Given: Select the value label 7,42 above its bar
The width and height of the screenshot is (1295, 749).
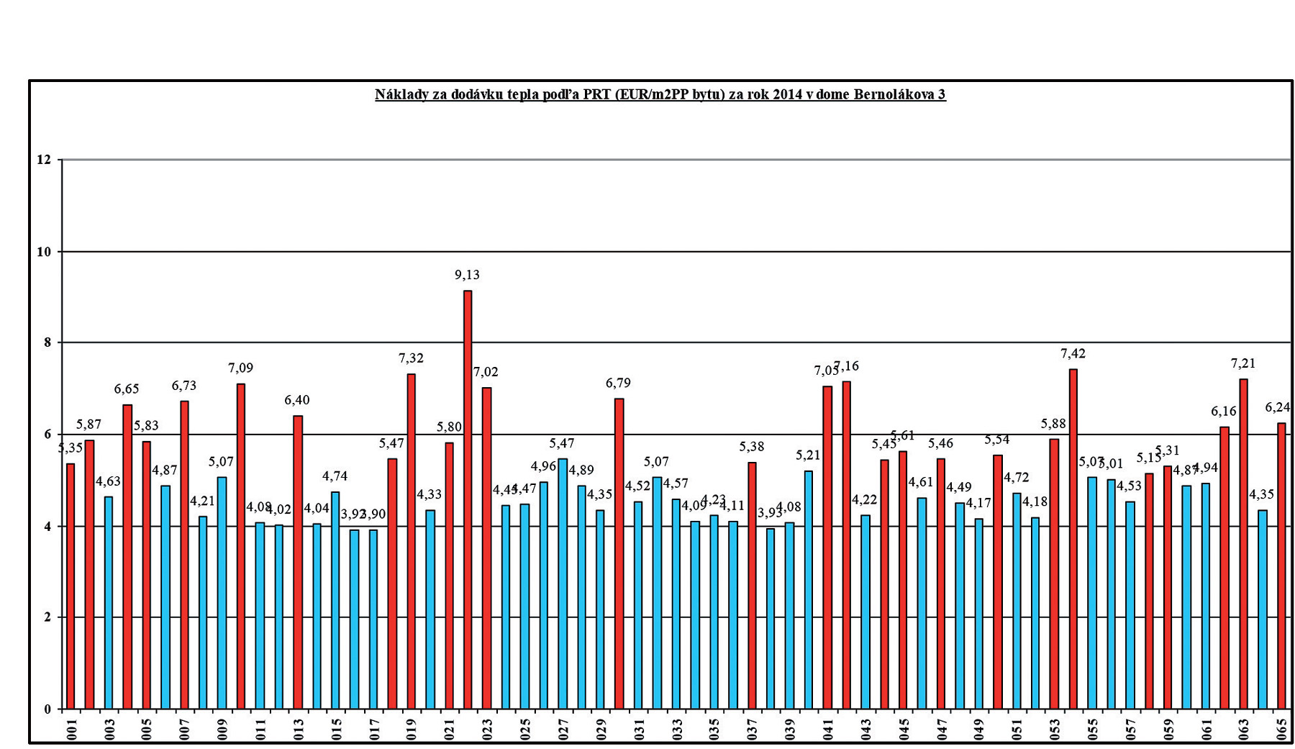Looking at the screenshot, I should click(x=1073, y=353).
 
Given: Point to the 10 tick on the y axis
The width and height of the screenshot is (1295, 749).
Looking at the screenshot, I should click(x=45, y=252).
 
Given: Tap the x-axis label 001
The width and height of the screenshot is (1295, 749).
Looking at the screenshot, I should click(x=71, y=728).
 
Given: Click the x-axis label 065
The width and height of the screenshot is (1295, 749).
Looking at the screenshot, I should click(x=1281, y=728).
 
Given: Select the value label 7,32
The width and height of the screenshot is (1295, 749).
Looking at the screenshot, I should click(x=411, y=358).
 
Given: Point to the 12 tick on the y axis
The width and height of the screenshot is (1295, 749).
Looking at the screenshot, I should click(x=45, y=160).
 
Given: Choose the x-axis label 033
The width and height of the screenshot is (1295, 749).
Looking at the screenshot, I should click(x=676, y=728).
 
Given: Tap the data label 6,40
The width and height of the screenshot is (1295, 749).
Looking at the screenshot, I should click(x=297, y=400).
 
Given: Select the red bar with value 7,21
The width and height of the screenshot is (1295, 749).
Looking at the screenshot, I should click(x=1243, y=543).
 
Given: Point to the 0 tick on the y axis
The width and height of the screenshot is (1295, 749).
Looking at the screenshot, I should click(x=47, y=709).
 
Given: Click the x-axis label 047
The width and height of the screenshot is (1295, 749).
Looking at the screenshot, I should click(x=941, y=728).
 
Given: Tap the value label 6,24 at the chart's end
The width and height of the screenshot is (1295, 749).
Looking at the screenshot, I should click(x=1278, y=407).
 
